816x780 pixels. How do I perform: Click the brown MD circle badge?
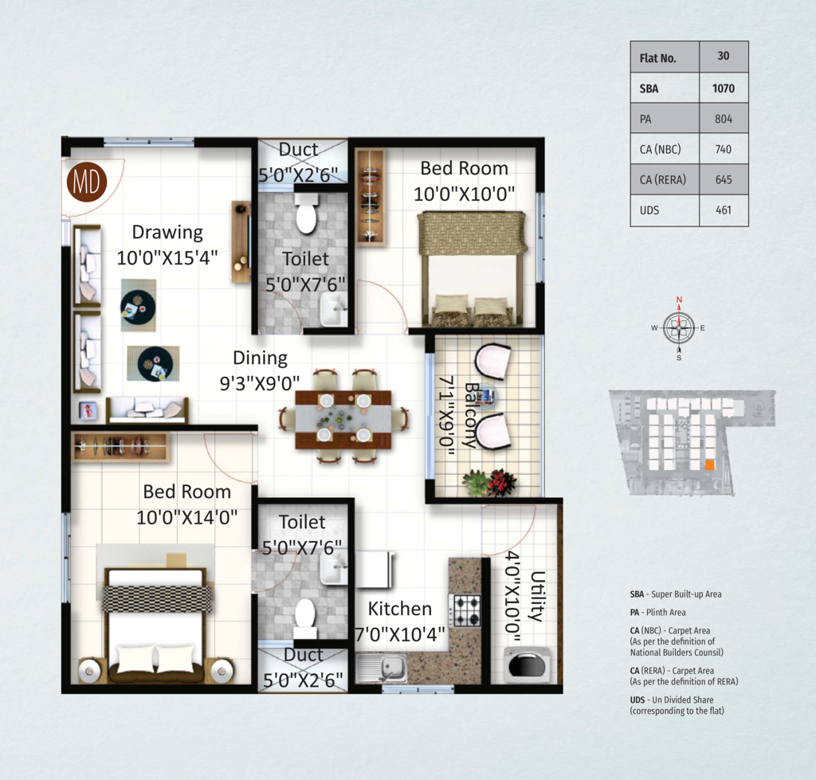[x=86, y=182]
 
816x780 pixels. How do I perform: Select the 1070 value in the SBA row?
[x=724, y=88]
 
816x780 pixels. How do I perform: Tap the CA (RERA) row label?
[x=662, y=179]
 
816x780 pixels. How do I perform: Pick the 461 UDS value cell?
[x=724, y=210]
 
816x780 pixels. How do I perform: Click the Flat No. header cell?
[x=665, y=57]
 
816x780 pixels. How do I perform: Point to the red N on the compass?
[x=679, y=300]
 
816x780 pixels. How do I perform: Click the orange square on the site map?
[x=710, y=464]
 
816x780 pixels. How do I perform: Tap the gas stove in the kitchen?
[x=467, y=609]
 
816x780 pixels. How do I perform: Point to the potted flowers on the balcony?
[x=490, y=482]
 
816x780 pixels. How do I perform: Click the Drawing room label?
[x=167, y=232]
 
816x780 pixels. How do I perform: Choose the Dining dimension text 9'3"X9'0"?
[x=260, y=383]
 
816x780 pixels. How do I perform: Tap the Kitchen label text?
[x=400, y=609]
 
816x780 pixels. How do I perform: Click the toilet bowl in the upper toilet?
[x=305, y=214]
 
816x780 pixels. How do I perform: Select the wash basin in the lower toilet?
[x=333, y=569]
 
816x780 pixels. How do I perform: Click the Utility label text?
[x=537, y=596]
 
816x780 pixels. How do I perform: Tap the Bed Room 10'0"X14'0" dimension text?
[x=186, y=518]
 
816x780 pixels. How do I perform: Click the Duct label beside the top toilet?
[x=298, y=150]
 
